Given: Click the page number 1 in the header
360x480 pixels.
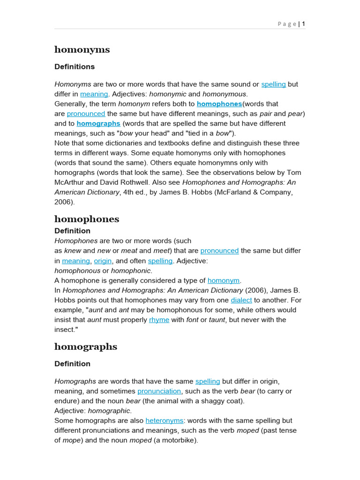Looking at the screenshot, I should click(304, 24).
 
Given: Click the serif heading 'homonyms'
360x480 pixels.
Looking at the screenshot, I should click(82, 50).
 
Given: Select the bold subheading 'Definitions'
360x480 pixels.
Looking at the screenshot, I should click(75, 67).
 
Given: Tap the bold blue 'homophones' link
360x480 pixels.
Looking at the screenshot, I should click(219, 104).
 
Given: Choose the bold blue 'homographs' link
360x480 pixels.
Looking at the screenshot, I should click(98, 123).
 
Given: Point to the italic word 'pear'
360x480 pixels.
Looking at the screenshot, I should click(295, 113).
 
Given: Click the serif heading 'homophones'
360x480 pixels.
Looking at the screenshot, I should click(87, 219).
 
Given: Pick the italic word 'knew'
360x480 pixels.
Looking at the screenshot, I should click(73, 251).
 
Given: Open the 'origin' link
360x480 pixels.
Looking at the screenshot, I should click(103, 261).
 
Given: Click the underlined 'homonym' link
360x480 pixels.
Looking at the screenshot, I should click(224, 280).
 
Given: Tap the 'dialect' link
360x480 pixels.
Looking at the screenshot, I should click(241, 300).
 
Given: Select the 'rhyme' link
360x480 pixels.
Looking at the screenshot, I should click(159, 320).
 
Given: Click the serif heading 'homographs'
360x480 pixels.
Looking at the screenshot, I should click(86, 346).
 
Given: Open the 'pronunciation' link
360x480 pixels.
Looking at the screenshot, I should click(159, 391).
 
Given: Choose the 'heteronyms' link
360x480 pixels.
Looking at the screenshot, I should click(165, 420).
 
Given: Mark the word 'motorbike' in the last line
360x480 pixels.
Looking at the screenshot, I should click(179, 440).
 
